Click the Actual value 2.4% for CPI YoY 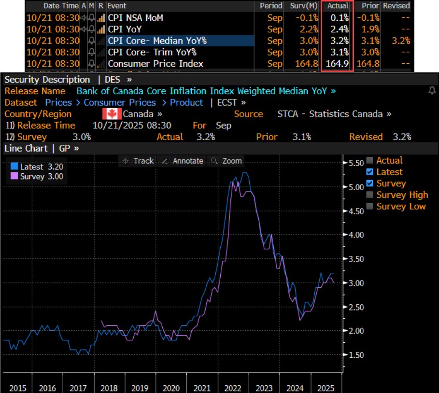338,29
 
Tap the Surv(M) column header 303,6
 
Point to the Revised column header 396,6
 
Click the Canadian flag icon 112,114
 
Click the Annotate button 182,161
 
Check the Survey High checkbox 370,195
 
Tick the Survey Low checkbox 370,207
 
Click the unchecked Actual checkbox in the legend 370,161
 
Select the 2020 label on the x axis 171,388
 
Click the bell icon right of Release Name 432,91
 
